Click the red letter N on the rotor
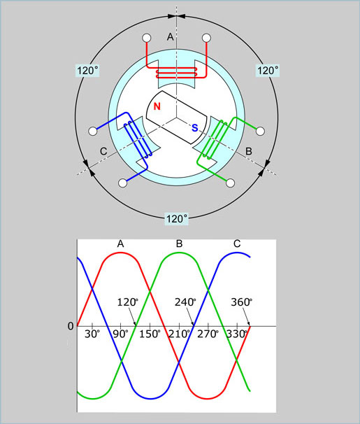(x=157, y=106)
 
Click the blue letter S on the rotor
(x=195, y=127)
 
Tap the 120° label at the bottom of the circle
(x=177, y=219)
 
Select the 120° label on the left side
(x=88, y=71)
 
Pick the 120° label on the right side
(x=268, y=71)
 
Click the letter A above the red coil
(x=170, y=36)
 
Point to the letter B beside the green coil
(x=249, y=151)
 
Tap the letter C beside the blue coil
(x=103, y=151)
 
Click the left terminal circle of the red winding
(x=147, y=38)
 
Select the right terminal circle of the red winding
(x=207, y=38)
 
